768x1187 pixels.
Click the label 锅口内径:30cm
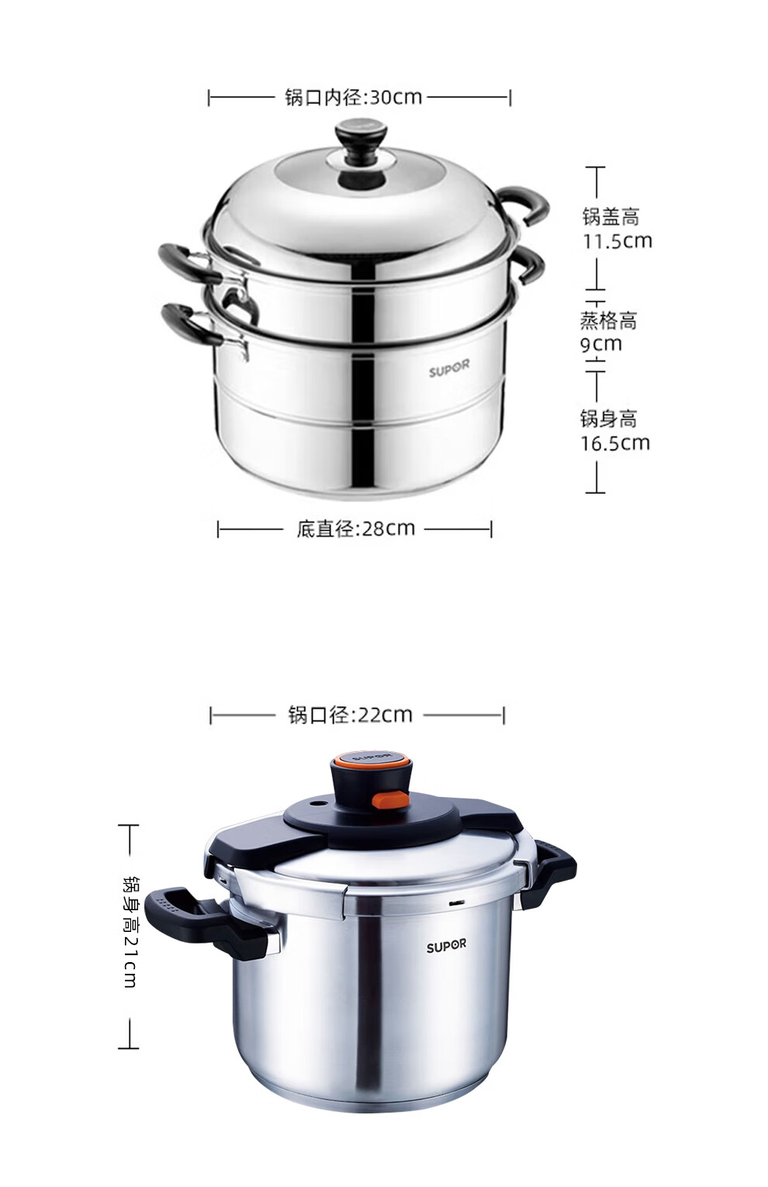353,98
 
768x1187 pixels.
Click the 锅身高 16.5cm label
614,431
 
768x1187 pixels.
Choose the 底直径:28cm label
355,528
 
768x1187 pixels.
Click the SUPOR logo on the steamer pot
449,370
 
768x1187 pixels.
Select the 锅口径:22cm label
350,715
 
